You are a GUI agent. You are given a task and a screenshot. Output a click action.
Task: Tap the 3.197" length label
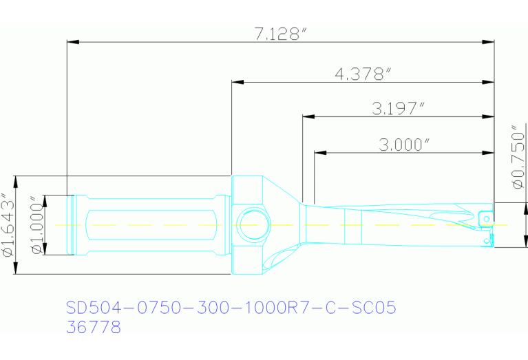398,107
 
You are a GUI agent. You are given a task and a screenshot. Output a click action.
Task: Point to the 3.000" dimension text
404,144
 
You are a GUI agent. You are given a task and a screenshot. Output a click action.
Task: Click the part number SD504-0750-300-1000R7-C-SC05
231,308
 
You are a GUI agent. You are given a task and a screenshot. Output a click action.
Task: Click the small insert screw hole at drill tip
487,219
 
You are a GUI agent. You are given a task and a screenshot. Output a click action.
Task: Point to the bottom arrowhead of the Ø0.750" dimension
525,242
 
